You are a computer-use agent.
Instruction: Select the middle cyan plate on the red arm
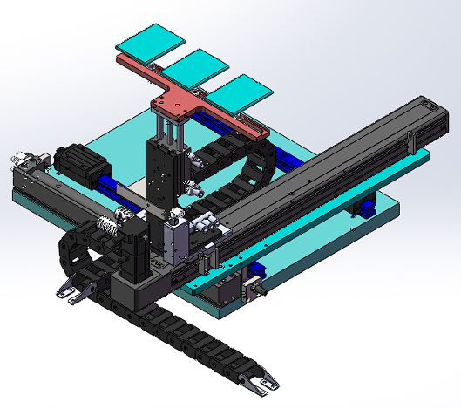pos(197,65)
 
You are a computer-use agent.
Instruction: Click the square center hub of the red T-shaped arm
pos(177,106)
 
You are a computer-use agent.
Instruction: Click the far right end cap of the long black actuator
pos(436,107)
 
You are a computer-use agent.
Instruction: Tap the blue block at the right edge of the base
pos(367,208)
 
